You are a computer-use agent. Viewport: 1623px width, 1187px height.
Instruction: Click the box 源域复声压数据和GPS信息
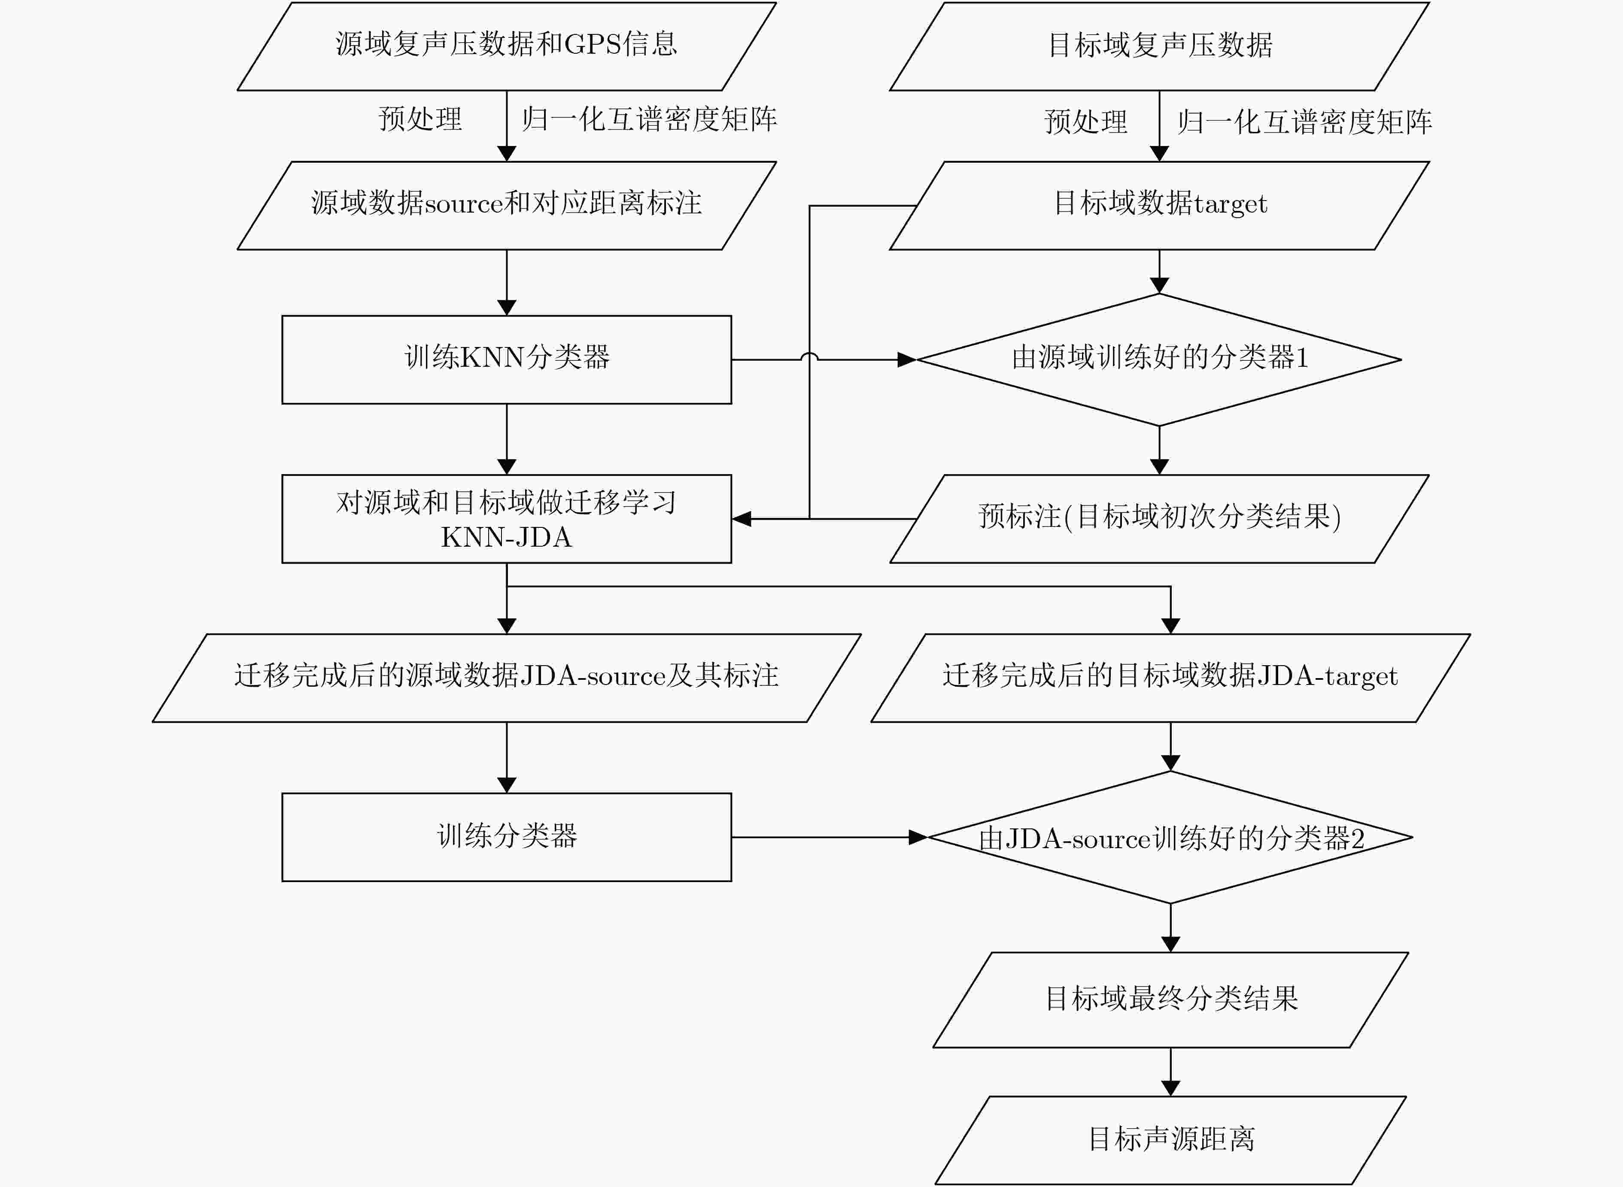pyautogui.click(x=507, y=46)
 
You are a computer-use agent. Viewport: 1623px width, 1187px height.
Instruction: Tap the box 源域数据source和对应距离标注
pyautogui.click(x=507, y=206)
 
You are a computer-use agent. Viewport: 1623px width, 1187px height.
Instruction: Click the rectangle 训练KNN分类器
pyautogui.click(x=507, y=359)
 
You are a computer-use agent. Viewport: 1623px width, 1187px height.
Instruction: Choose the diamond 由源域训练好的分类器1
pyautogui.click(x=1159, y=359)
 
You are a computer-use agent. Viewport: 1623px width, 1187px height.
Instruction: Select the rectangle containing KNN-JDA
pyautogui.click(x=507, y=519)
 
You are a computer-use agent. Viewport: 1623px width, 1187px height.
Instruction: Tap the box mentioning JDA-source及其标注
pyautogui.click(x=507, y=678)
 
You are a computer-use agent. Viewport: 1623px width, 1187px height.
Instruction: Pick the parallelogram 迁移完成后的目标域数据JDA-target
pyautogui.click(x=1171, y=678)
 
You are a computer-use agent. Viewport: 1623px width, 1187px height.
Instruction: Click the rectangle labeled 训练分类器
pyautogui.click(x=507, y=837)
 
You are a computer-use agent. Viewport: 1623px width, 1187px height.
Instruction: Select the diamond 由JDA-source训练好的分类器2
pyautogui.click(x=1170, y=837)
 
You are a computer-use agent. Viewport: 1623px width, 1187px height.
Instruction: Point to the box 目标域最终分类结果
pyautogui.click(x=1171, y=999)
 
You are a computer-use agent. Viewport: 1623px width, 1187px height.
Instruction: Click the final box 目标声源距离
pyautogui.click(x=1171, y=1140)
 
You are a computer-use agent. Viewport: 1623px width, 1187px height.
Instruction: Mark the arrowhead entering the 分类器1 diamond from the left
pyautogui.click(x=907, y=359)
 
